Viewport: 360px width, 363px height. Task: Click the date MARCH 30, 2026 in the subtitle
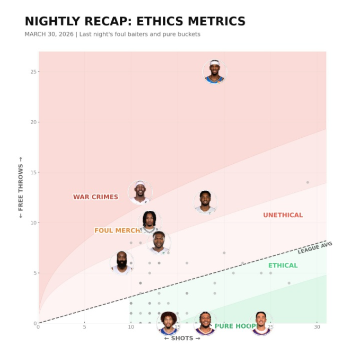[x=49, y=34]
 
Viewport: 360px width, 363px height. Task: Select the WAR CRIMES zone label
[x=95, y=197]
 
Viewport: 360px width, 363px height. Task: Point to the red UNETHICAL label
[x=283, y=215]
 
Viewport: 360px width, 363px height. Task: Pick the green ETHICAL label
[x=283, y=265]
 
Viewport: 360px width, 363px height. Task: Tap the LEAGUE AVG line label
[x=315, y=247]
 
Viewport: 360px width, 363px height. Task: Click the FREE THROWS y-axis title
[x=21, y=187]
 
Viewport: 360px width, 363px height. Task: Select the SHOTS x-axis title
[x=182, y=338]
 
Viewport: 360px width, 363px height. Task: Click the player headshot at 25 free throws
[x=214, y=72]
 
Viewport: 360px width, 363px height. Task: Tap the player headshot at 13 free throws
[x=140, y=192]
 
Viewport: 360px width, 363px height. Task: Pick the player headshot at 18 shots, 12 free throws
[x=205, y=202]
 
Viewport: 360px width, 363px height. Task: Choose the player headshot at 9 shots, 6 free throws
[x=121, y=262]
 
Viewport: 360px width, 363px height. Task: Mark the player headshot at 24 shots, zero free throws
[x=261, y=323]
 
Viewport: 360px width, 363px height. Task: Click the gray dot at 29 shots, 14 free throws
[x=308, y=182]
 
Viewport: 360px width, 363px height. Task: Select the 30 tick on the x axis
[x=317, y=327]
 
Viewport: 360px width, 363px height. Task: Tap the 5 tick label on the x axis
[x=84, y=327]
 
